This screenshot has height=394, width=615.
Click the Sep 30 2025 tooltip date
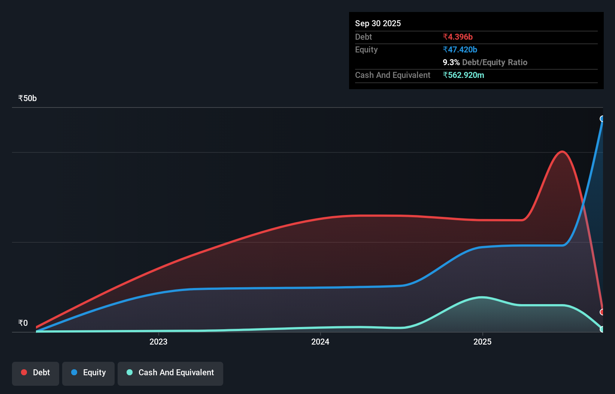pos(378,23)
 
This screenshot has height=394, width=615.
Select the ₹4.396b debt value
pos(457,37)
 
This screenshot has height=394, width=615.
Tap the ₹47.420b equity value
pos(460,49)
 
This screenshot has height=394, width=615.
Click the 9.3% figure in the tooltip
pos(451,62)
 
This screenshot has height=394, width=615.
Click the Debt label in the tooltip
pos(363,37)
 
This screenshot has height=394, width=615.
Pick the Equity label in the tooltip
pos(366,49)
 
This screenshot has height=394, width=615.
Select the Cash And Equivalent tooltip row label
pos(393,75)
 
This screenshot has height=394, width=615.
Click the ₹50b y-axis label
pos(27,98)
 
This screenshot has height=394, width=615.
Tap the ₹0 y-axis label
pos(23,323)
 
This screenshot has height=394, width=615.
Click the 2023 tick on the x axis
pos(158,342)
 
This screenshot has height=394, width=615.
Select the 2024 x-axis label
pos(320,342)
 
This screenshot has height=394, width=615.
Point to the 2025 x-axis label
pos(482,342)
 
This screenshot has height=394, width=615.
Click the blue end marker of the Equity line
pos(602,119)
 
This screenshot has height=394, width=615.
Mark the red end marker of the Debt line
pos(602,312)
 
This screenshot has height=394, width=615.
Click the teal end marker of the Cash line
pos(602,329)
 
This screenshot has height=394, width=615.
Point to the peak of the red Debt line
pos(562,151)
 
